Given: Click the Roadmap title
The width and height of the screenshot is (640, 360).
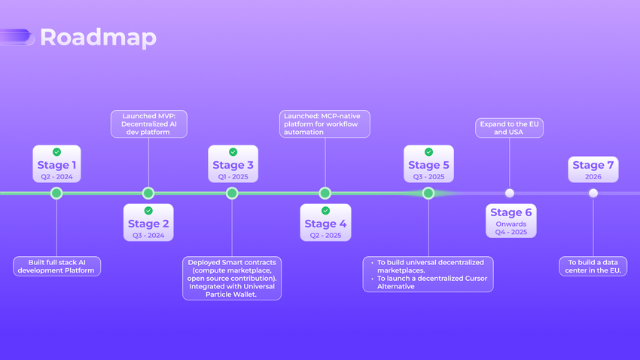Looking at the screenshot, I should pyautogui.click(x=98, y=38).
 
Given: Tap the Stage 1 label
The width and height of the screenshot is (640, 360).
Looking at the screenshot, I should pyautogui.click(x=56, y=165).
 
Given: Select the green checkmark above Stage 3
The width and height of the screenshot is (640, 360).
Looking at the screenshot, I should pyautogui.click(x=233, y=152).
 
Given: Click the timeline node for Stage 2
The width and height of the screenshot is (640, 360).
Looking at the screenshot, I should pyautogui.click(x=148, y=194).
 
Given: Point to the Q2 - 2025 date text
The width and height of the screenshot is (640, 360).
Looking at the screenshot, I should pyautogui.click(x=325, y=235).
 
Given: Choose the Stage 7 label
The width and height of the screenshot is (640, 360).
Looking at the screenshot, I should pyautogui.click(x=593, y=165).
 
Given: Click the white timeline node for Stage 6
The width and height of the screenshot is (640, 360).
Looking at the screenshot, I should pyautogui.click(x=510, y=194).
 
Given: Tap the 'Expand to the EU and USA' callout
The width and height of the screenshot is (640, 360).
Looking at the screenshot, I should pyautogui.click(x=510, y=127).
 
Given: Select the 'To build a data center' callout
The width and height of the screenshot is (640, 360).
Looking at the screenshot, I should pyautogui.click(x=593, y=266).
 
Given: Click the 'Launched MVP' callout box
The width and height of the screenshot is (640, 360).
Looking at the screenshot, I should pyautogui.click(x=148, y=124).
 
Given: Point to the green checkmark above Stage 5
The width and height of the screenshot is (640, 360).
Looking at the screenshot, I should pyautogui.click(x=428, y=152).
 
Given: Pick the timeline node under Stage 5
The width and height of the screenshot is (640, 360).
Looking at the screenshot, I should pyautogui.click(x=428, y=194).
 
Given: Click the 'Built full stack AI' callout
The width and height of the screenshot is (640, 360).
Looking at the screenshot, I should pyautogui.click(x=56, y=266).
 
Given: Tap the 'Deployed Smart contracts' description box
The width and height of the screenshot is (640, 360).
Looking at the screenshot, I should pyautogui.click(x=232, y=278).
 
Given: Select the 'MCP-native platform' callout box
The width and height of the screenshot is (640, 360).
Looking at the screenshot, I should pyautogui.click(x=325, y=124).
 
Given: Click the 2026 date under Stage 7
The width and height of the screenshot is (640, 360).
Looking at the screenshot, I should pyautogui.click(x=593, y=176).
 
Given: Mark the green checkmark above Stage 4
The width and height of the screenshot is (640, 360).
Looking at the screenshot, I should pyautogui.click(x=325, y=211).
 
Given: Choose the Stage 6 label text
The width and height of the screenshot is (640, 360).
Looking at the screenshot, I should pyautogui.click(x=510, y=212).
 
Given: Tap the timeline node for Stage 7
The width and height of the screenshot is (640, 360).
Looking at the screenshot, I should pyautogui.click(x=593, y=194).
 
